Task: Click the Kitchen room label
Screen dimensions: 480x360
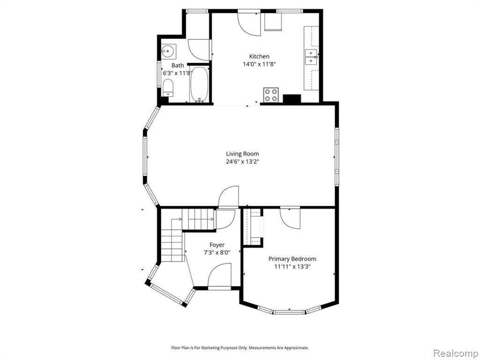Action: coord(259,56)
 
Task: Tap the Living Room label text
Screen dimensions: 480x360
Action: coord(242,154)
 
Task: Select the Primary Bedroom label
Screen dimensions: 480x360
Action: coord(292,259)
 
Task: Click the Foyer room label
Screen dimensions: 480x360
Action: coord(217,245)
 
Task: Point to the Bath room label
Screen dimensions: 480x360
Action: coord(178,66)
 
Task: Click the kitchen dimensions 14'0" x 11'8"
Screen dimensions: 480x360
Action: coord(259,64)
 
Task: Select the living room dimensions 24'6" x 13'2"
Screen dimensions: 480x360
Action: coord(242,162)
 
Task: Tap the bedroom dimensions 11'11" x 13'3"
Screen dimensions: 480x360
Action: coord(292,267)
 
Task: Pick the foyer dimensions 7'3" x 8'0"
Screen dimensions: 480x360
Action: coord(217,253)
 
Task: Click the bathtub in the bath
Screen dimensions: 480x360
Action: coord(199,85)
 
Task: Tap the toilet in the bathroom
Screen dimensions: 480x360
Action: coord(168,88)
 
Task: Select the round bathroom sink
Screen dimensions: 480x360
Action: coord(168,51)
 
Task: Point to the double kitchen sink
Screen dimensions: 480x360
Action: coord(312,57)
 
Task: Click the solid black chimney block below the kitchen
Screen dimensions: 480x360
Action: coord(292,99)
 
